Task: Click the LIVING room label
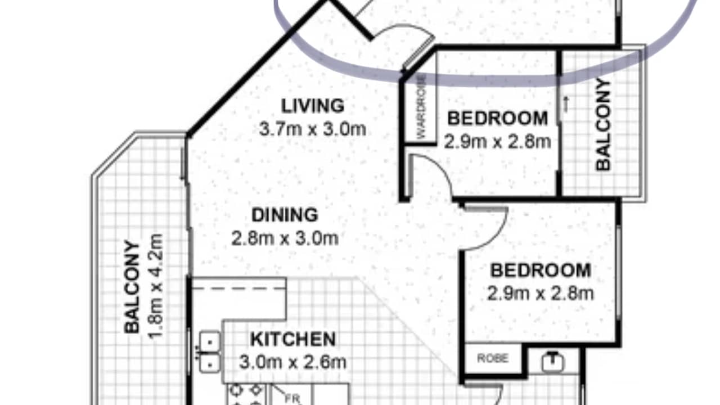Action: (x=313, y=105)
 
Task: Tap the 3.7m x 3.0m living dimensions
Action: (x=313, y=129)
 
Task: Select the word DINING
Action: (x=285, y=215)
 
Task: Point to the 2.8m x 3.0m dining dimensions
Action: (x=285, y=238)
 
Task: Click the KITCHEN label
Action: (x=292, y=339)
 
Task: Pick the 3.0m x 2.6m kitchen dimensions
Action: (x=292, y=362)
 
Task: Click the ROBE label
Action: (x=493, y=358)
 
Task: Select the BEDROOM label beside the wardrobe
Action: (x=497, y=119)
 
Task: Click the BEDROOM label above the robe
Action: (x=541, y=271)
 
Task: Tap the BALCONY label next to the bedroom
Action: (x=603, y=124)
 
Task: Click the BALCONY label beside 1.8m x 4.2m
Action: (x=132, y=286)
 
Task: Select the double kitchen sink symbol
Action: (x=210, y=351)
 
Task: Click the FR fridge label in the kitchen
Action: (x=292, y=398)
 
